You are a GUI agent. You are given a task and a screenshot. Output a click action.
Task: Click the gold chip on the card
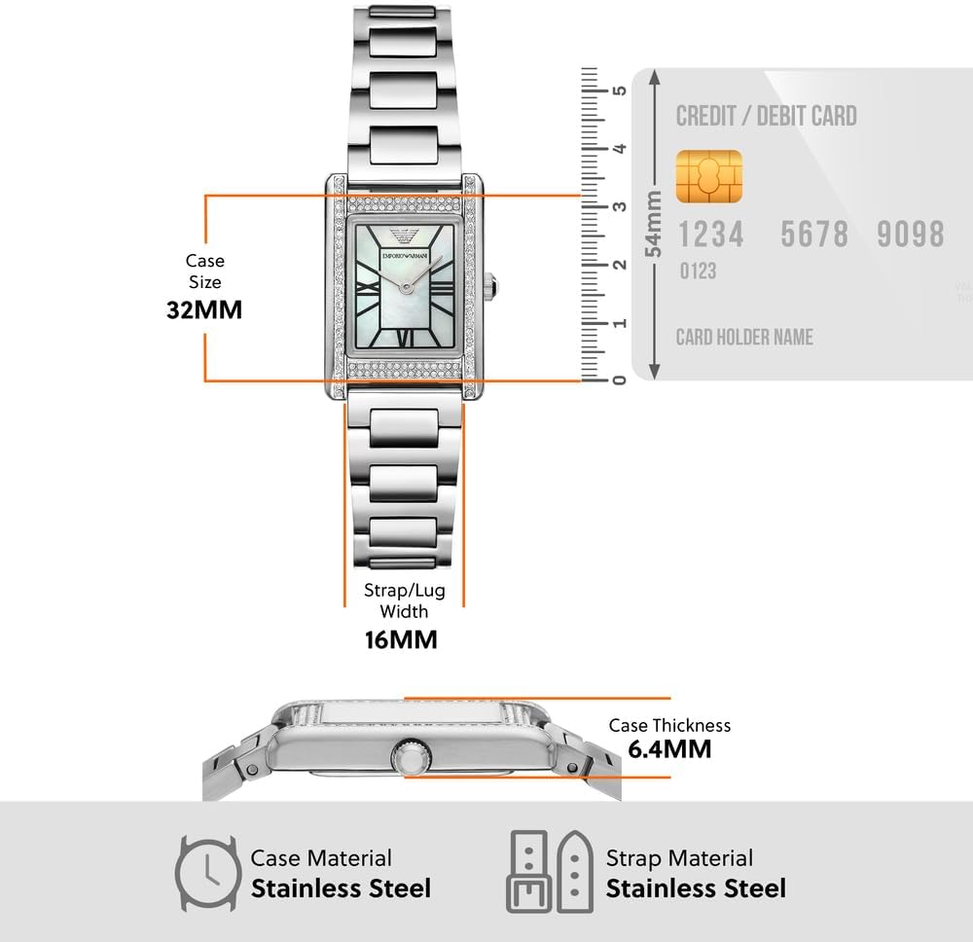708,176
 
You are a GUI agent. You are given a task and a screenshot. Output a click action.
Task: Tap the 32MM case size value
203,309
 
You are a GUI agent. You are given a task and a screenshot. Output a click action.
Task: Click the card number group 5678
814,235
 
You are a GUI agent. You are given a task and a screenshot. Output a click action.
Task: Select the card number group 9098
910,235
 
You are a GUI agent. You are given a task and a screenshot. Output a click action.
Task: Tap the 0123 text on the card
698,271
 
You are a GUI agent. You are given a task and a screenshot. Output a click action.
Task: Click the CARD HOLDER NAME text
744,338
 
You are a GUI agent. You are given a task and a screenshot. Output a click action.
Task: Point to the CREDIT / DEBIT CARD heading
766,116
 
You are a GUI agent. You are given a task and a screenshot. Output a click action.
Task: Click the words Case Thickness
669,725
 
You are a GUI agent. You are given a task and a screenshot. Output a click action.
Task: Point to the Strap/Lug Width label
403,600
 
